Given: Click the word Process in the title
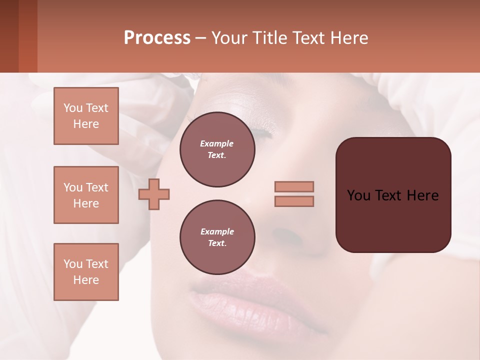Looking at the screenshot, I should click(157, 38).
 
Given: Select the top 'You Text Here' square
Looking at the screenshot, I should click(86, 116).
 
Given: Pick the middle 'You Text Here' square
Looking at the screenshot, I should click(86, 195).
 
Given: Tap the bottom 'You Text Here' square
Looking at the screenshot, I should click(86, 272).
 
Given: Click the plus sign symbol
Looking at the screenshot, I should click(154, 194).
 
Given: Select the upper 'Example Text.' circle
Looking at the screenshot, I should click(217, 149).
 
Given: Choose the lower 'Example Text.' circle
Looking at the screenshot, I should click(217, 237).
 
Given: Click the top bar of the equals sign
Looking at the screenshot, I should click(294, 186).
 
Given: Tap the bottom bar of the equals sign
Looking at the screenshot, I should click(294, 201).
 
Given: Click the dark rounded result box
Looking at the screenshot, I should click(393, 195).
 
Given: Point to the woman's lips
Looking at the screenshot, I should click(250, 300).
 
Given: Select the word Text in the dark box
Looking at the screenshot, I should click(388, 195).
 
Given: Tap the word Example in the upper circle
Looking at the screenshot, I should click(217, 143).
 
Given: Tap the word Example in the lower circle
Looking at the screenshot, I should click(217, 231).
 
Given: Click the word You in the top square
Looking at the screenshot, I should click(72, 108).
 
